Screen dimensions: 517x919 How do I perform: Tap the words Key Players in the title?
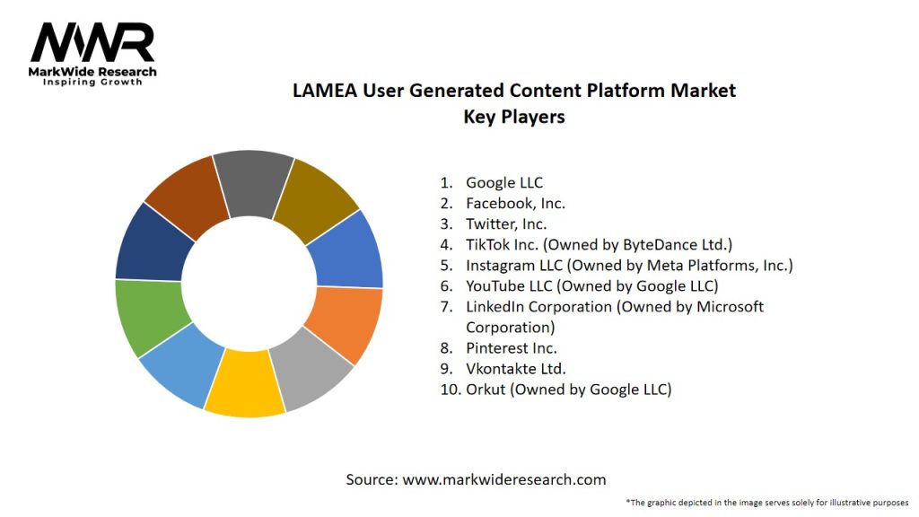point(513,117)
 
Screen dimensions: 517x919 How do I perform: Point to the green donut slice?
point(147,316)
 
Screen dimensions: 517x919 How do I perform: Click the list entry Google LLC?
point(504,183)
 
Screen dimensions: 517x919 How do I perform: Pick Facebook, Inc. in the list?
point(515,204)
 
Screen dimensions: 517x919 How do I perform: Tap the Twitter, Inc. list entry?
point(506,224)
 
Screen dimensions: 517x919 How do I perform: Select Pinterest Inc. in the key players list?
point(511,348)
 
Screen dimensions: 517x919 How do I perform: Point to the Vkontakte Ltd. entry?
point(516,369)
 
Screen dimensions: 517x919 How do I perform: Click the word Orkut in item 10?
point(486,390)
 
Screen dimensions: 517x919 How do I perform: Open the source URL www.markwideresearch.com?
point(503,480)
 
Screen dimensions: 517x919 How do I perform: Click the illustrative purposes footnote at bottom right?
point(767,503)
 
